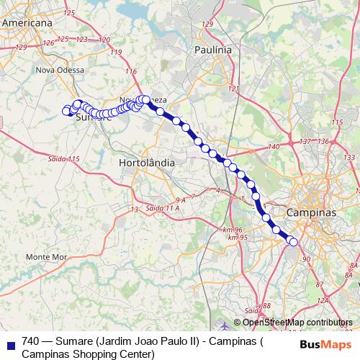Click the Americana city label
tap(29, 23)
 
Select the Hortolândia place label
tap(146, 163)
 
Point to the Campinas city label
tap(312, 214)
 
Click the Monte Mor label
tap(46, 257)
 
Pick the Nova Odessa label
tap(60, 71)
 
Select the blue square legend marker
tap(10, 342)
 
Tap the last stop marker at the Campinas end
tap(293, 242)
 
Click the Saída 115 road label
tap(63, 158)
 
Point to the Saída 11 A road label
tap(162, 207)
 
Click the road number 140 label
tap(273, 147)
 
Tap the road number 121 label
tap(233, 88)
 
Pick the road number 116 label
tap(130, 71)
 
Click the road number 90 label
tap(306, 259)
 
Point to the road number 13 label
tap(133, 209)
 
